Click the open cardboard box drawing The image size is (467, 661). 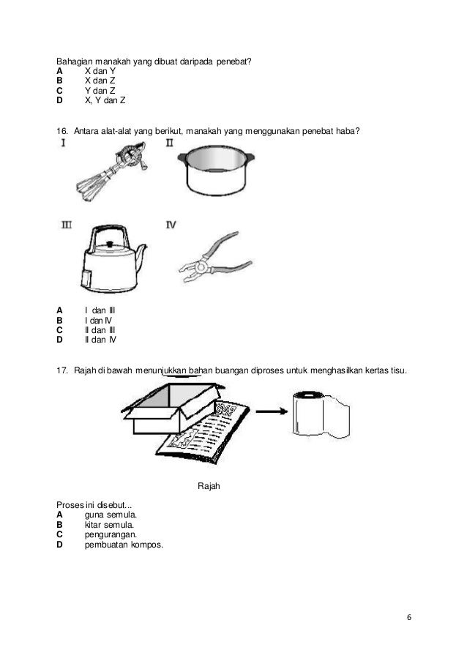click(172, 411)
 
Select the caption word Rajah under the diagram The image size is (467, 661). click(209, 485)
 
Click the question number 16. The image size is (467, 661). click(62, 131)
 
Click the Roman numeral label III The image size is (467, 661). click(66, 225)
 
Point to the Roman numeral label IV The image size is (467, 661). click(170, 225)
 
